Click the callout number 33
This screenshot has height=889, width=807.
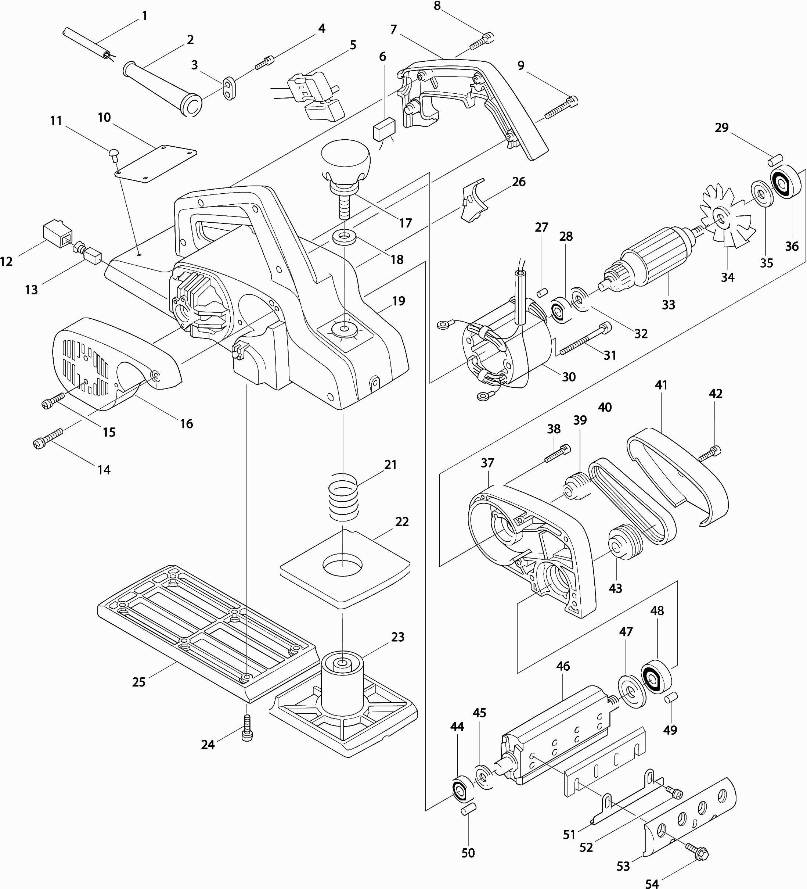(668, 305)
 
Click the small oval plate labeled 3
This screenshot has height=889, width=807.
(229, 89)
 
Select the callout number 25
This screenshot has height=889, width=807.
(138, 682)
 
